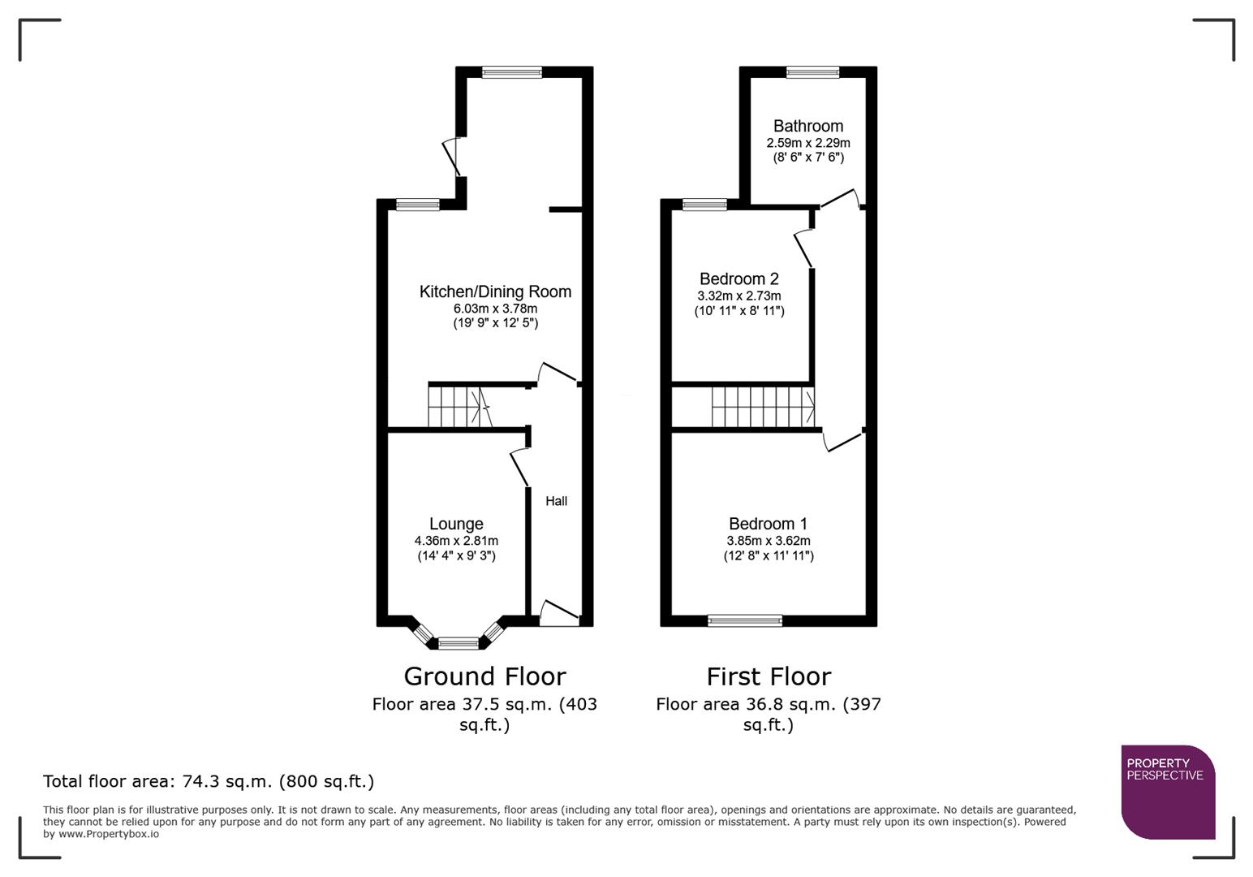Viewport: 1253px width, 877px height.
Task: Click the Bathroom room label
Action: (x=807, y=126)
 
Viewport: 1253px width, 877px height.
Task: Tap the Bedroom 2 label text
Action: (x=738, y=279)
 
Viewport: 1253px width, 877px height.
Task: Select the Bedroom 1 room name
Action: (x=768, y=524)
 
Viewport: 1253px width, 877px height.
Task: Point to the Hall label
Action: (x=556, y=501)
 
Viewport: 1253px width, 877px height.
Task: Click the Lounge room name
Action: (x=456, y=525)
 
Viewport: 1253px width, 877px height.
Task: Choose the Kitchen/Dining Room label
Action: (x=495, y=292)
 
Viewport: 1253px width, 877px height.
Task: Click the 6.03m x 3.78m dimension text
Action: (x=495, y=309)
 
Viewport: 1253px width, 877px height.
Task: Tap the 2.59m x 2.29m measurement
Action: (x=807, y=143)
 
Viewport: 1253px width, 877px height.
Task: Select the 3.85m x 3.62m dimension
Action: (x=768, y=541)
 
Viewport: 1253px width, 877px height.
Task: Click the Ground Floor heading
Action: (x=484, y=676)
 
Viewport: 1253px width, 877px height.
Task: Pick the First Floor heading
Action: (x=768, y=676)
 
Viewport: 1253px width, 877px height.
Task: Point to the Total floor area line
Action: (x=209, y=782)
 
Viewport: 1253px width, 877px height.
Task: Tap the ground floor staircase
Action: (x=459, y=407)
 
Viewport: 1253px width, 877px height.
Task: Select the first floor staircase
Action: (x=762, y=407)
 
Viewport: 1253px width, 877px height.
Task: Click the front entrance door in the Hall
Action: (x=559, y=614)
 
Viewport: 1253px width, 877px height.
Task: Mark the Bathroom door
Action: (x=839, y=199)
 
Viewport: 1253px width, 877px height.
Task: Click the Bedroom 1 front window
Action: (x=745, y=621)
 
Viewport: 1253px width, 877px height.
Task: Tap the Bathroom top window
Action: (x=812, y=72)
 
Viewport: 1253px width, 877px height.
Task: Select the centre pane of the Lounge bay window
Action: (x=459, y=644)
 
